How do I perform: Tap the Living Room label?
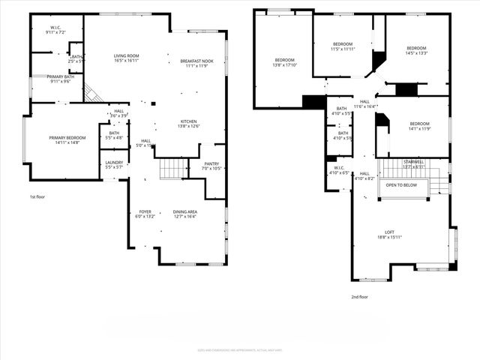(x=126, y=56)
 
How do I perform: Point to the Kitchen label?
(x=188, y=121)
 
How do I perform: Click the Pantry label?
(x=211, y=163)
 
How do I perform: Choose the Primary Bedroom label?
(x=67, y=138)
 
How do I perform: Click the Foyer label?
(x=145, y=212)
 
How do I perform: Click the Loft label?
(x=389, y=232)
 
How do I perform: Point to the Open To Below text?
(x=401, y=184)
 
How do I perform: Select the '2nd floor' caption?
(x=359, y=296)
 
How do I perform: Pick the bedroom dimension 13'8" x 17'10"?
(x=284, y=65)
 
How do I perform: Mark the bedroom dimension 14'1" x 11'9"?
(x=419, y=128)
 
